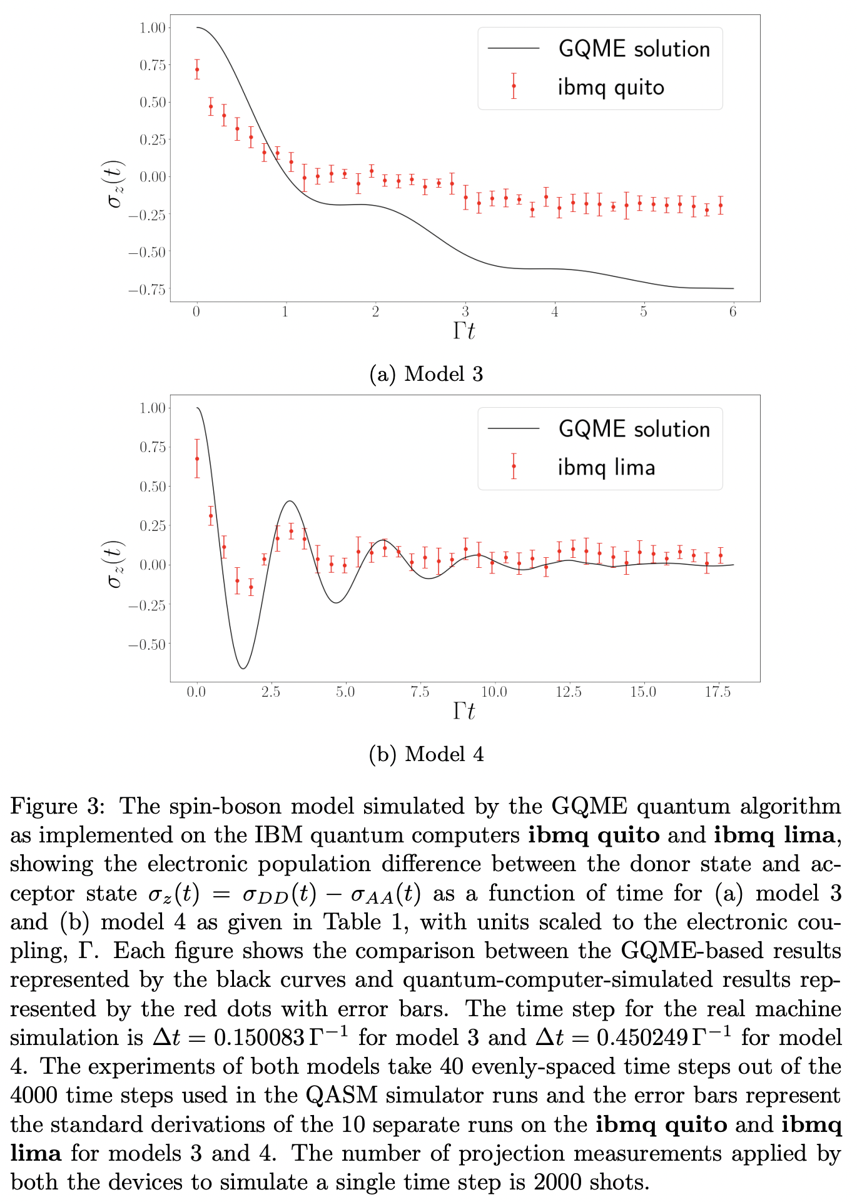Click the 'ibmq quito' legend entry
pos(611,88)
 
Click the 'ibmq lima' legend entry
pos(606,467)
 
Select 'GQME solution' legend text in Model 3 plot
pos(634,49)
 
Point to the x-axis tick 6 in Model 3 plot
pos(733,312)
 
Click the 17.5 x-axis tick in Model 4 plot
pos(718,692)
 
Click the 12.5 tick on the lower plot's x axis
pos(569,692)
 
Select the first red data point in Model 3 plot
pos(197,69)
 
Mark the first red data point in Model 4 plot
pos(197,458)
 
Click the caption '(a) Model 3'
pos(427,374)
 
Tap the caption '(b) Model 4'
pos(427,754)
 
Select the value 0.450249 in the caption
pos(641,1038)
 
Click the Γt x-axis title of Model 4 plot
pos(464,711)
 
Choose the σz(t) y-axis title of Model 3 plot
pos(115,184)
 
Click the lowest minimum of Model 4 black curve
pos(243,669)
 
